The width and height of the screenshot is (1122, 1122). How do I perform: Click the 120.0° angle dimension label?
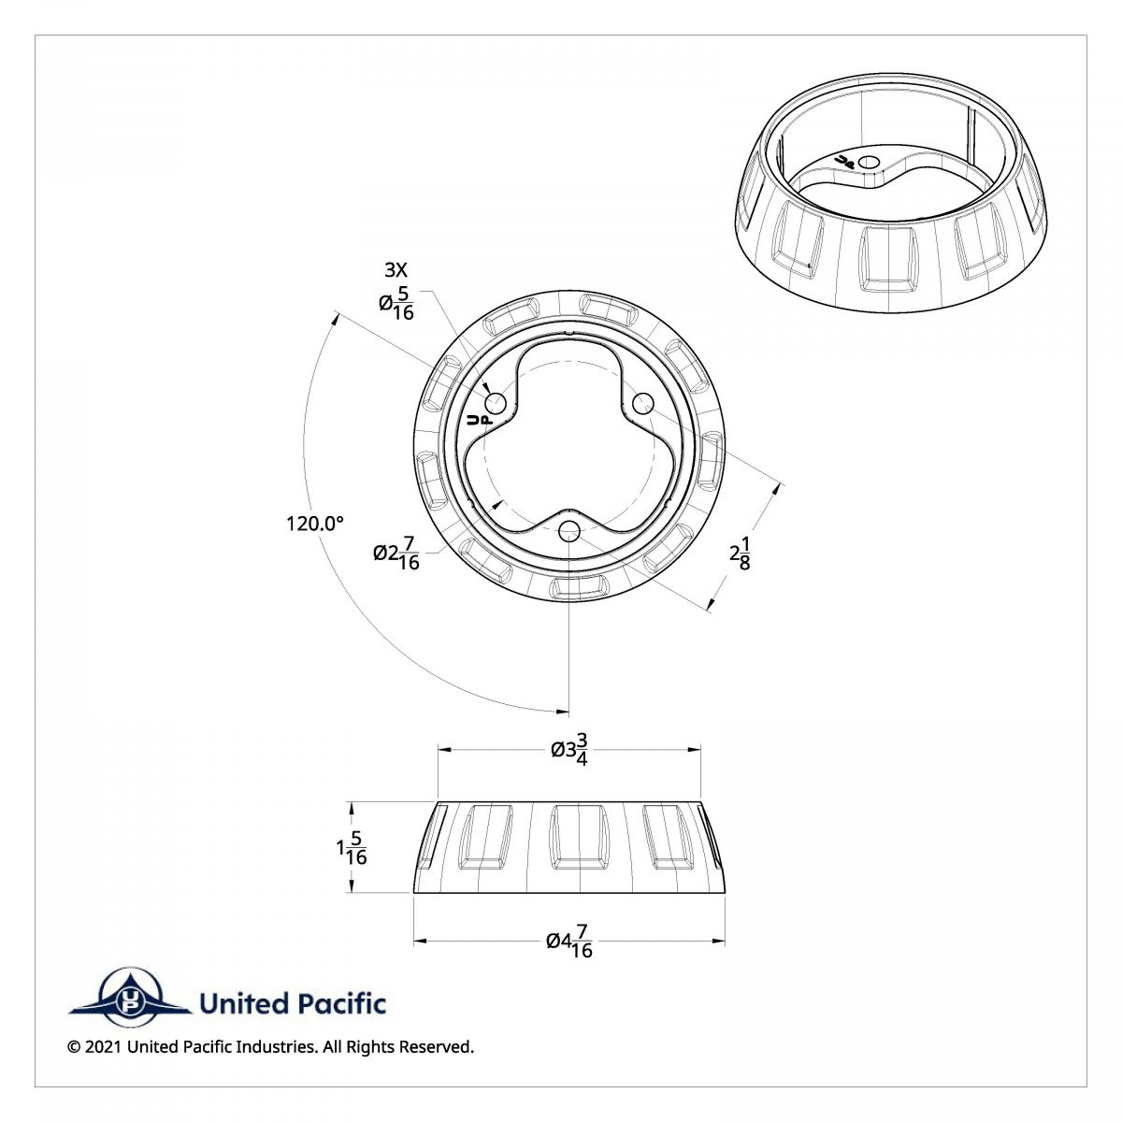pyautogui.click(x=315, y=524)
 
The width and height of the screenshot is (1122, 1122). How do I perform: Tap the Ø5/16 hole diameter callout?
pyautogui.click(x=396, y=303)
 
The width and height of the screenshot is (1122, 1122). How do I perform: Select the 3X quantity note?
pyautogui.click(x=396, y=270)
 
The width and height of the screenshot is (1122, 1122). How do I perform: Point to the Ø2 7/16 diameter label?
pyautogui.click(x=396, y=553)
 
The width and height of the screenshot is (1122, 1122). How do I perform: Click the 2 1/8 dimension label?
pyautogui.click(x=741, y=553)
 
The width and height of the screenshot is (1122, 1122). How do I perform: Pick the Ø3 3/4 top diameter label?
pyautogui.click(x=569, y=749)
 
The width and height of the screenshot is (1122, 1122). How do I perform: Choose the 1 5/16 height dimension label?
pyautogui.click(x=352, y=848)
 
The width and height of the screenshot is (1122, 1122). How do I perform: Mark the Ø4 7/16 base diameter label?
pyautogui.click(x=569, y=942)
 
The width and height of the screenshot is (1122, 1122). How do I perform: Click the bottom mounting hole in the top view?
pyautogui.click(x=568, y=531)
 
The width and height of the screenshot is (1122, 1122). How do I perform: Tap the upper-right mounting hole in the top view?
pyautogui.click(x=642, y=403)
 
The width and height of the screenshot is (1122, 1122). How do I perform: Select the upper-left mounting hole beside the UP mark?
pyautogui.click(x=496, y=403)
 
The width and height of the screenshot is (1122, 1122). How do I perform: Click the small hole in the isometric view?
pyautogui.click(x=870, y=162)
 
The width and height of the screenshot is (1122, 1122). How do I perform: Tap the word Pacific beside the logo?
pyautogui.click(x=342, y=1004)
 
